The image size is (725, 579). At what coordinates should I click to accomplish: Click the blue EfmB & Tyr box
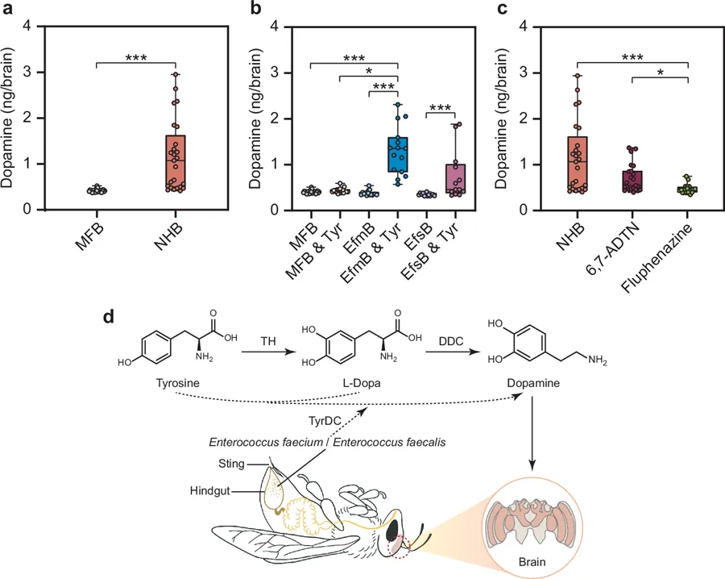(398, 153)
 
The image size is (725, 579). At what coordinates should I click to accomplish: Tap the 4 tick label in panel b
(274, 26)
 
